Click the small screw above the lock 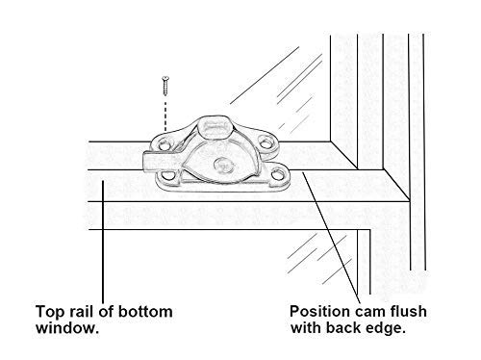coord(165,86)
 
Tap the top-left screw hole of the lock coord(164,145)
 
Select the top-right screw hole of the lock coord(266,142)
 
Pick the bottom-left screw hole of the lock coord(166,176)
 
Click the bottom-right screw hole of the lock coord(278,175)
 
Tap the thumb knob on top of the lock coord(215,127)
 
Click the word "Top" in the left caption coord(50,312)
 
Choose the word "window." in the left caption coord(67,328)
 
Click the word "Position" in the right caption coord(319,312)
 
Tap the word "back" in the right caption coord(343,327)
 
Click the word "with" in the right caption coord(306,327)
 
